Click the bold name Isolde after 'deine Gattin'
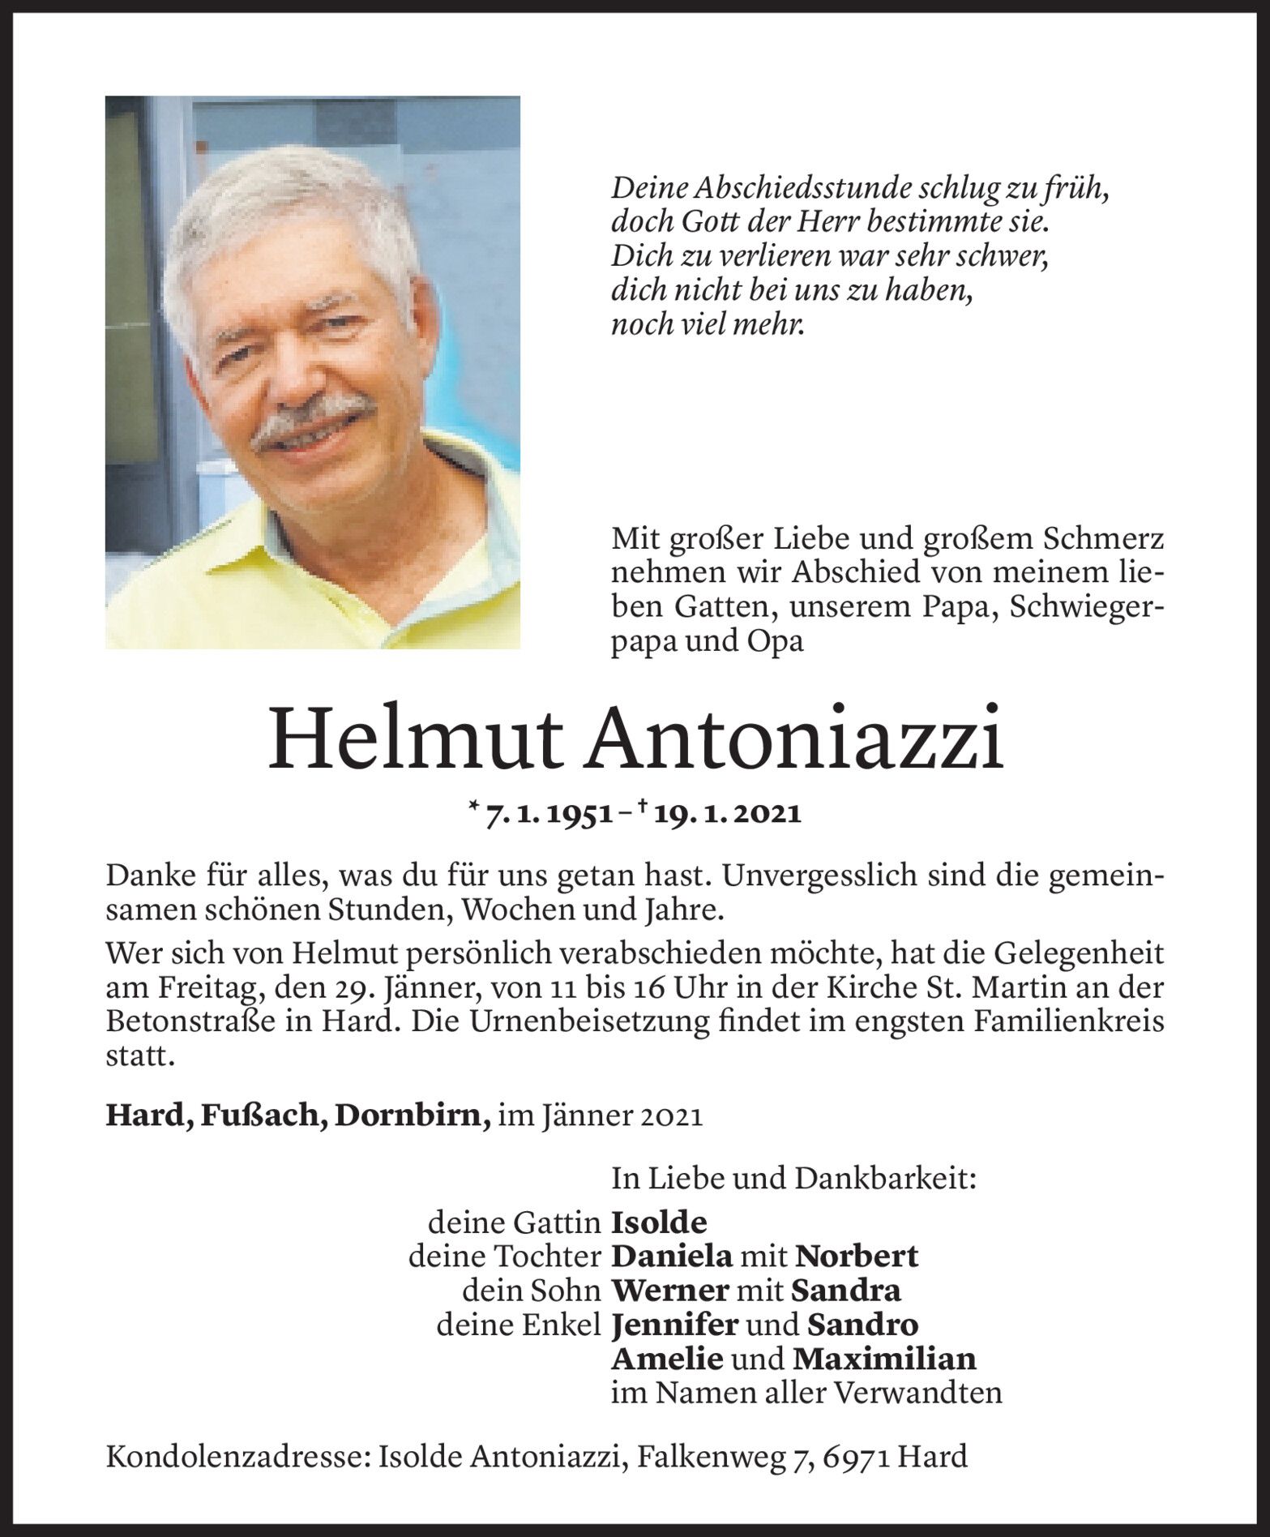pyautogui.click(x=659, y=1222)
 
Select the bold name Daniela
pyautogui.click(x=672, y=1256)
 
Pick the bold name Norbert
pyautogui.click(x=856, y=1256)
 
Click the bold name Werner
pyautogui.click(x=667, y=1290)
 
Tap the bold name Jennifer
pyautogui.click(x=674, y=1325)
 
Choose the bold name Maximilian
pyautogui.click(x=885, y=1358)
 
